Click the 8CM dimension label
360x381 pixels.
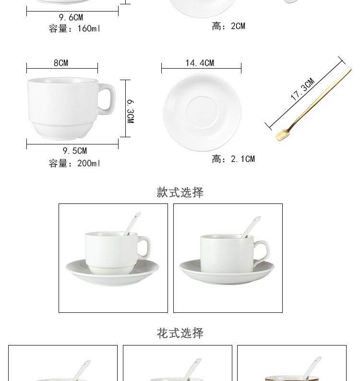60,63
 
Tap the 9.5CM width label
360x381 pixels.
75,151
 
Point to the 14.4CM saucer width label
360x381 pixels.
200,63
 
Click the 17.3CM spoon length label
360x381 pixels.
302,90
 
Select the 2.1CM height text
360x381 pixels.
233,159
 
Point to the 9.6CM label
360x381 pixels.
71,18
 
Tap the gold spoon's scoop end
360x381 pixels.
282,135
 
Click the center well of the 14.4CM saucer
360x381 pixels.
202,112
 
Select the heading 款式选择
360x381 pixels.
180,192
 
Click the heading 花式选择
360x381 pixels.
180,333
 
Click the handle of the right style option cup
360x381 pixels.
262,252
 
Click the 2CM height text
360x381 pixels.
228,26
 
